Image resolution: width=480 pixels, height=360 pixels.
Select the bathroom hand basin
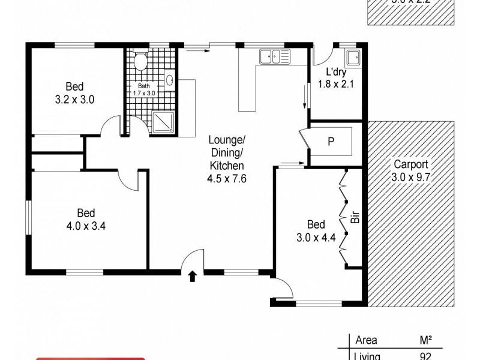pyautogui.click(x=170, y=80)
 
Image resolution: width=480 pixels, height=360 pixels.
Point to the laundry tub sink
pyautogui.click(x=354, y=58)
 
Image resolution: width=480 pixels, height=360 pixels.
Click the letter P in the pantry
pyautogui.click(x=331, y=142)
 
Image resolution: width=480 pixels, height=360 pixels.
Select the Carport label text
pyautogui.click(x=411, y=164)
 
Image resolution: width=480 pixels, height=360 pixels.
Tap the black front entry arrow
pyautogui.click(x=193, y=276)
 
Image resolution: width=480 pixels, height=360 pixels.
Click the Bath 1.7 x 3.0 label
pyautogui.click(x=143, y=89)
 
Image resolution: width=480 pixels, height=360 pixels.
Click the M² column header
pyautogui.click(x=426, y=340)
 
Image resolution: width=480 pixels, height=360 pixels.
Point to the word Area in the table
pyautogui.click(x=366, y=340)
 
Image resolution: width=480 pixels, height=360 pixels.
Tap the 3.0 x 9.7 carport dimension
pyautogui.click(x=412, y=177)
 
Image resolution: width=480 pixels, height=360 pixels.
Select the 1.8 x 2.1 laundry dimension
pyautogui.click(x=337, y=84)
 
